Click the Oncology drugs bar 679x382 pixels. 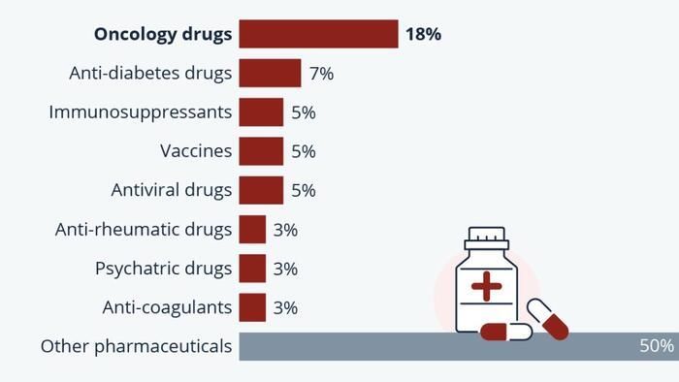[x=318, y=34]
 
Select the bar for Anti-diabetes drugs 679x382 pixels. [x=270, y=73]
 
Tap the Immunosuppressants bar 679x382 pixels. [x=261, y=112]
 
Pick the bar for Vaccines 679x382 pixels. [x=261, y=151]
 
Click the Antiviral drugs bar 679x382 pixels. [x=261, y=190]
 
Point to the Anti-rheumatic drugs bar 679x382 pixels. [x=252, y=230]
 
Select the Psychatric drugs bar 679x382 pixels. [x=252, y=269]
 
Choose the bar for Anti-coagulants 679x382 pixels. [x=252, y=307]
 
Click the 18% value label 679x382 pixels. [x=424, y=34]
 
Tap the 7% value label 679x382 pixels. [x=321, y=73]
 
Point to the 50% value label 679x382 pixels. [x=657, y=346]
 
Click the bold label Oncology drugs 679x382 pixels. [x=163, y=34]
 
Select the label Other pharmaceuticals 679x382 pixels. [x=137, y=346]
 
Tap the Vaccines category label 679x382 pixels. [x=196, y=151]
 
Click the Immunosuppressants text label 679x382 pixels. [x=141, y=112]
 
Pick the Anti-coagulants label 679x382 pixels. [x=167, y=307]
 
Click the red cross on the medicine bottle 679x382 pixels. [x=487, y=287]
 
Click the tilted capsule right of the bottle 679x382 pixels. [x=547, y=318]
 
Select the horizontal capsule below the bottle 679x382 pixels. [x=506, y=333]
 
